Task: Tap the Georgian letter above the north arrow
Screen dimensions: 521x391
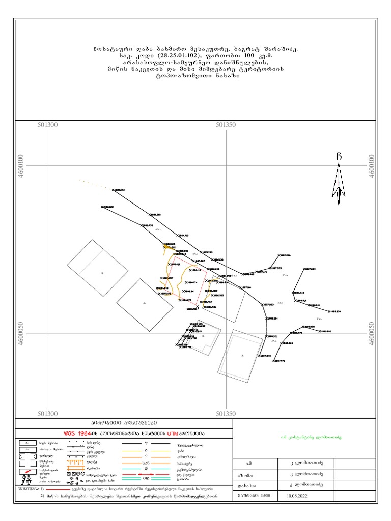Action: click(339, 156)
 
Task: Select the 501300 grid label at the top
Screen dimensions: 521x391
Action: click(48, 125)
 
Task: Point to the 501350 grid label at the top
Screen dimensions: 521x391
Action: click(226, 125)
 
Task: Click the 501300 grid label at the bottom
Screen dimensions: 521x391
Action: click(48, 414)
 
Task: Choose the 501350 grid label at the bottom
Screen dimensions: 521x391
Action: click(226, 414)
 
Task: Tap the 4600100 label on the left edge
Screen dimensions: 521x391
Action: click(20, 166)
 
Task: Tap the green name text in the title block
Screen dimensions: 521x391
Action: click(311, 437)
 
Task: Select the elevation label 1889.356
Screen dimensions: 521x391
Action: click(335, 311)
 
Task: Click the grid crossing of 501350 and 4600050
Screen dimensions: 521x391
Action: click(226, 334)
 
